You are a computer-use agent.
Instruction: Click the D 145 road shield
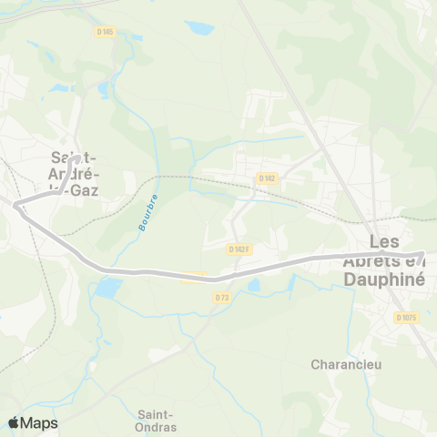coord(105,32)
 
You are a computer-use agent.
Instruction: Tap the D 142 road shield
coord(267,178)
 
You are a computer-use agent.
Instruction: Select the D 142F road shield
coord(239,249)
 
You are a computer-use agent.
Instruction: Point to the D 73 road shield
coord(222,297)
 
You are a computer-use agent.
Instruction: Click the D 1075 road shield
coord(406,317)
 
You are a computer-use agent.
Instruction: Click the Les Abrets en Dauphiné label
coord(397,261)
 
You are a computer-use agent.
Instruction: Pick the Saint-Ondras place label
coord(158,420)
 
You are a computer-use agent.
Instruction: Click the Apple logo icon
coord(14,422)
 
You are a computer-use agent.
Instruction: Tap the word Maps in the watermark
coord(40,422)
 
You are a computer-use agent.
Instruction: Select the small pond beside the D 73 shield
coord(253,285)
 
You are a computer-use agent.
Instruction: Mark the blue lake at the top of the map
coord(198,27)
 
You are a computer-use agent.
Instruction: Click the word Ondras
coord(158,427)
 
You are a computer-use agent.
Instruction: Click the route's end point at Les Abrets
coord(422,255)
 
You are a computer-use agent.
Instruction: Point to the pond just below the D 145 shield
coord(103,89)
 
